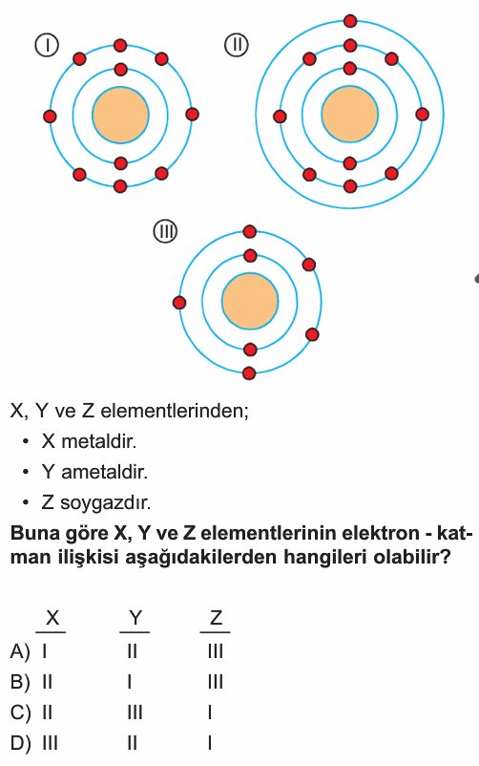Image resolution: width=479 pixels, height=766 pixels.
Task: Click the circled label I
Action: [x=47, y=46]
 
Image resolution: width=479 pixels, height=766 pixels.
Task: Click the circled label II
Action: [x=237, y=45]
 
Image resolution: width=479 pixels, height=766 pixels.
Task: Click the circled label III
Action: [x=165, y=231]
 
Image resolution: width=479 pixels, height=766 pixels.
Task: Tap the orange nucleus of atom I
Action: [x=120, y=116]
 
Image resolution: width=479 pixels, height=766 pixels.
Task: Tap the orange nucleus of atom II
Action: [x=349, y=115]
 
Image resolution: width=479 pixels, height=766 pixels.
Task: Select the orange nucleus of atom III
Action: [x=250, y=302]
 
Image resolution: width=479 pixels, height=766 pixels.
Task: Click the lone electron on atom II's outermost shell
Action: [x=350, y=21]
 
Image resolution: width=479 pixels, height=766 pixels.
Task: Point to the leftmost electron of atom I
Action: [x=50, y=117]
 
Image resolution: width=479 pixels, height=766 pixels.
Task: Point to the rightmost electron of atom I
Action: [x=193, y=115]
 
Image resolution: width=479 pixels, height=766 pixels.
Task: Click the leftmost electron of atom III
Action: [x=179, y=303]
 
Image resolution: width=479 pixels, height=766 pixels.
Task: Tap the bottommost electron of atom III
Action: [x=249, y=373]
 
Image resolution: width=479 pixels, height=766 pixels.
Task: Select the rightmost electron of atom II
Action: [x=423, y=115]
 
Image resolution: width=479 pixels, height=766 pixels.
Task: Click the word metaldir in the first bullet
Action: [x=98, y=441]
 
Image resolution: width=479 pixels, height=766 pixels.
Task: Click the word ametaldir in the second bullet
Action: [x=104, y=472]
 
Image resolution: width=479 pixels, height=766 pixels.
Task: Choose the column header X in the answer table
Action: [x=52, y=619]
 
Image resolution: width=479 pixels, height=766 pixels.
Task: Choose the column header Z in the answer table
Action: [x=216, y=619]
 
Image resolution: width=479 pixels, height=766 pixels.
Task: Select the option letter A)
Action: [x=20, y=651]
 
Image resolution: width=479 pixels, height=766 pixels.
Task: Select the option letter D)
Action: [x=20, y=743]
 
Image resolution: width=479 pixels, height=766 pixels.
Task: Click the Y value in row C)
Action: [x=135, y=713]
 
